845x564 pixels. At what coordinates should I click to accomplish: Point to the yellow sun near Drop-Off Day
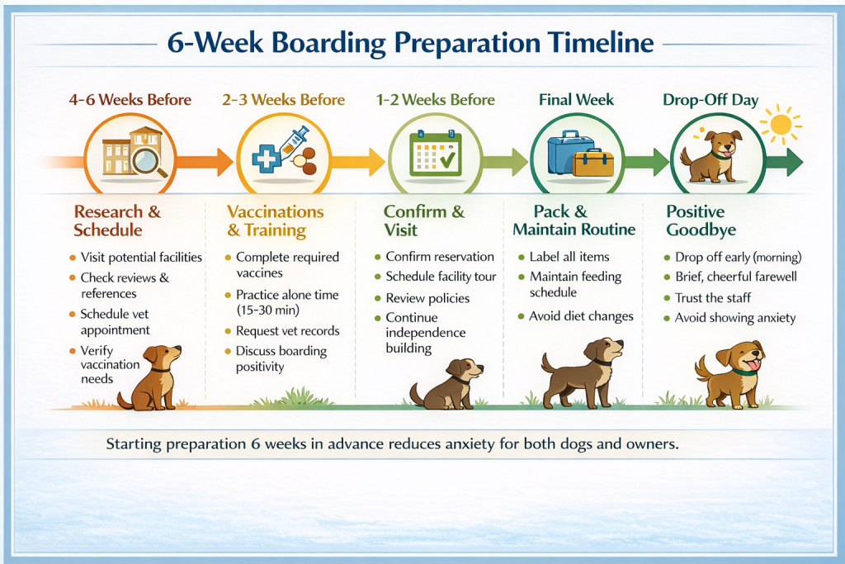pos(781,125)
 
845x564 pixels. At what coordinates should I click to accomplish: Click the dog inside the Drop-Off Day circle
pos(711,156)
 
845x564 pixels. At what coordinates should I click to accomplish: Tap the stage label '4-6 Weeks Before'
pos(130,100)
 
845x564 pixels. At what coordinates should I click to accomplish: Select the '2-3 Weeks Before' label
pos(284,100)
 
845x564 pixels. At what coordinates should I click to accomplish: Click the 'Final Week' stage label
pos(576,100)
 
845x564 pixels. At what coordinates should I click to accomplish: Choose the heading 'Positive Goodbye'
pos(701,220)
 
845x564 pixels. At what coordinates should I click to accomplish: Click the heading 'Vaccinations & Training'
pos(276,220)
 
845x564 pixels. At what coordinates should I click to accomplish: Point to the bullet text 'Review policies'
pos(427,298)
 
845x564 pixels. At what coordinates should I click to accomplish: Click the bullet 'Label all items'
pos(569,257)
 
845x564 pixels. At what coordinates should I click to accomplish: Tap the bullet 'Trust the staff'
pos(713,297)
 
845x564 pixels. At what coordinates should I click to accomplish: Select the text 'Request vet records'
pos(288,330)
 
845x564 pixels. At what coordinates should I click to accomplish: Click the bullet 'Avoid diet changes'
pos(581,316)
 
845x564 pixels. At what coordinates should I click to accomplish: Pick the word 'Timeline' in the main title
pos(601,42)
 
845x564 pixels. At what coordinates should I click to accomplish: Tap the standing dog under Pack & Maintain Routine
pos(583,373)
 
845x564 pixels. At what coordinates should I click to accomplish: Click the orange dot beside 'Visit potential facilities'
pos(73,258)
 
